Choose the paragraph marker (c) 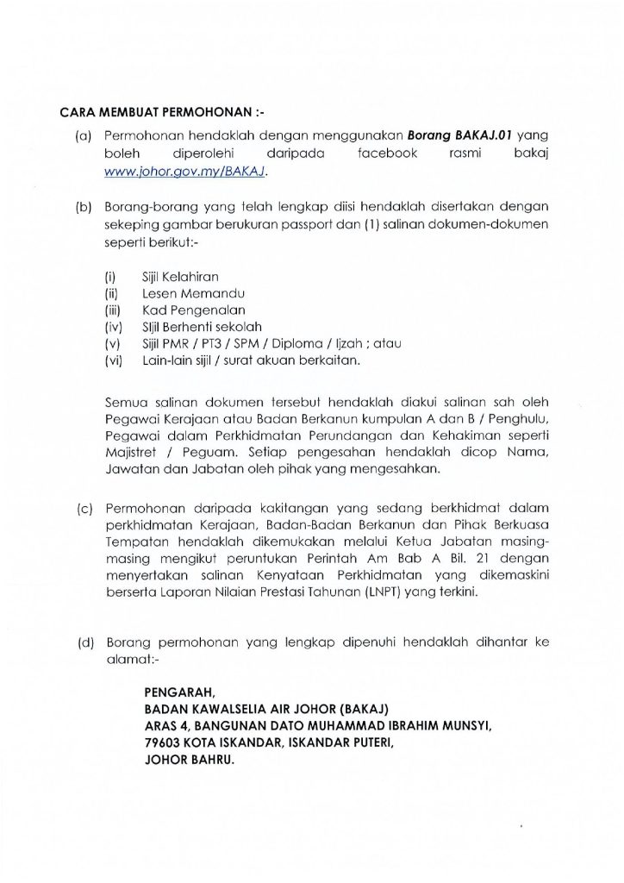(x=84, y=504)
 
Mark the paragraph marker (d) (x=84, y=643)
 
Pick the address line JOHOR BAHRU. (x=194, y=759)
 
